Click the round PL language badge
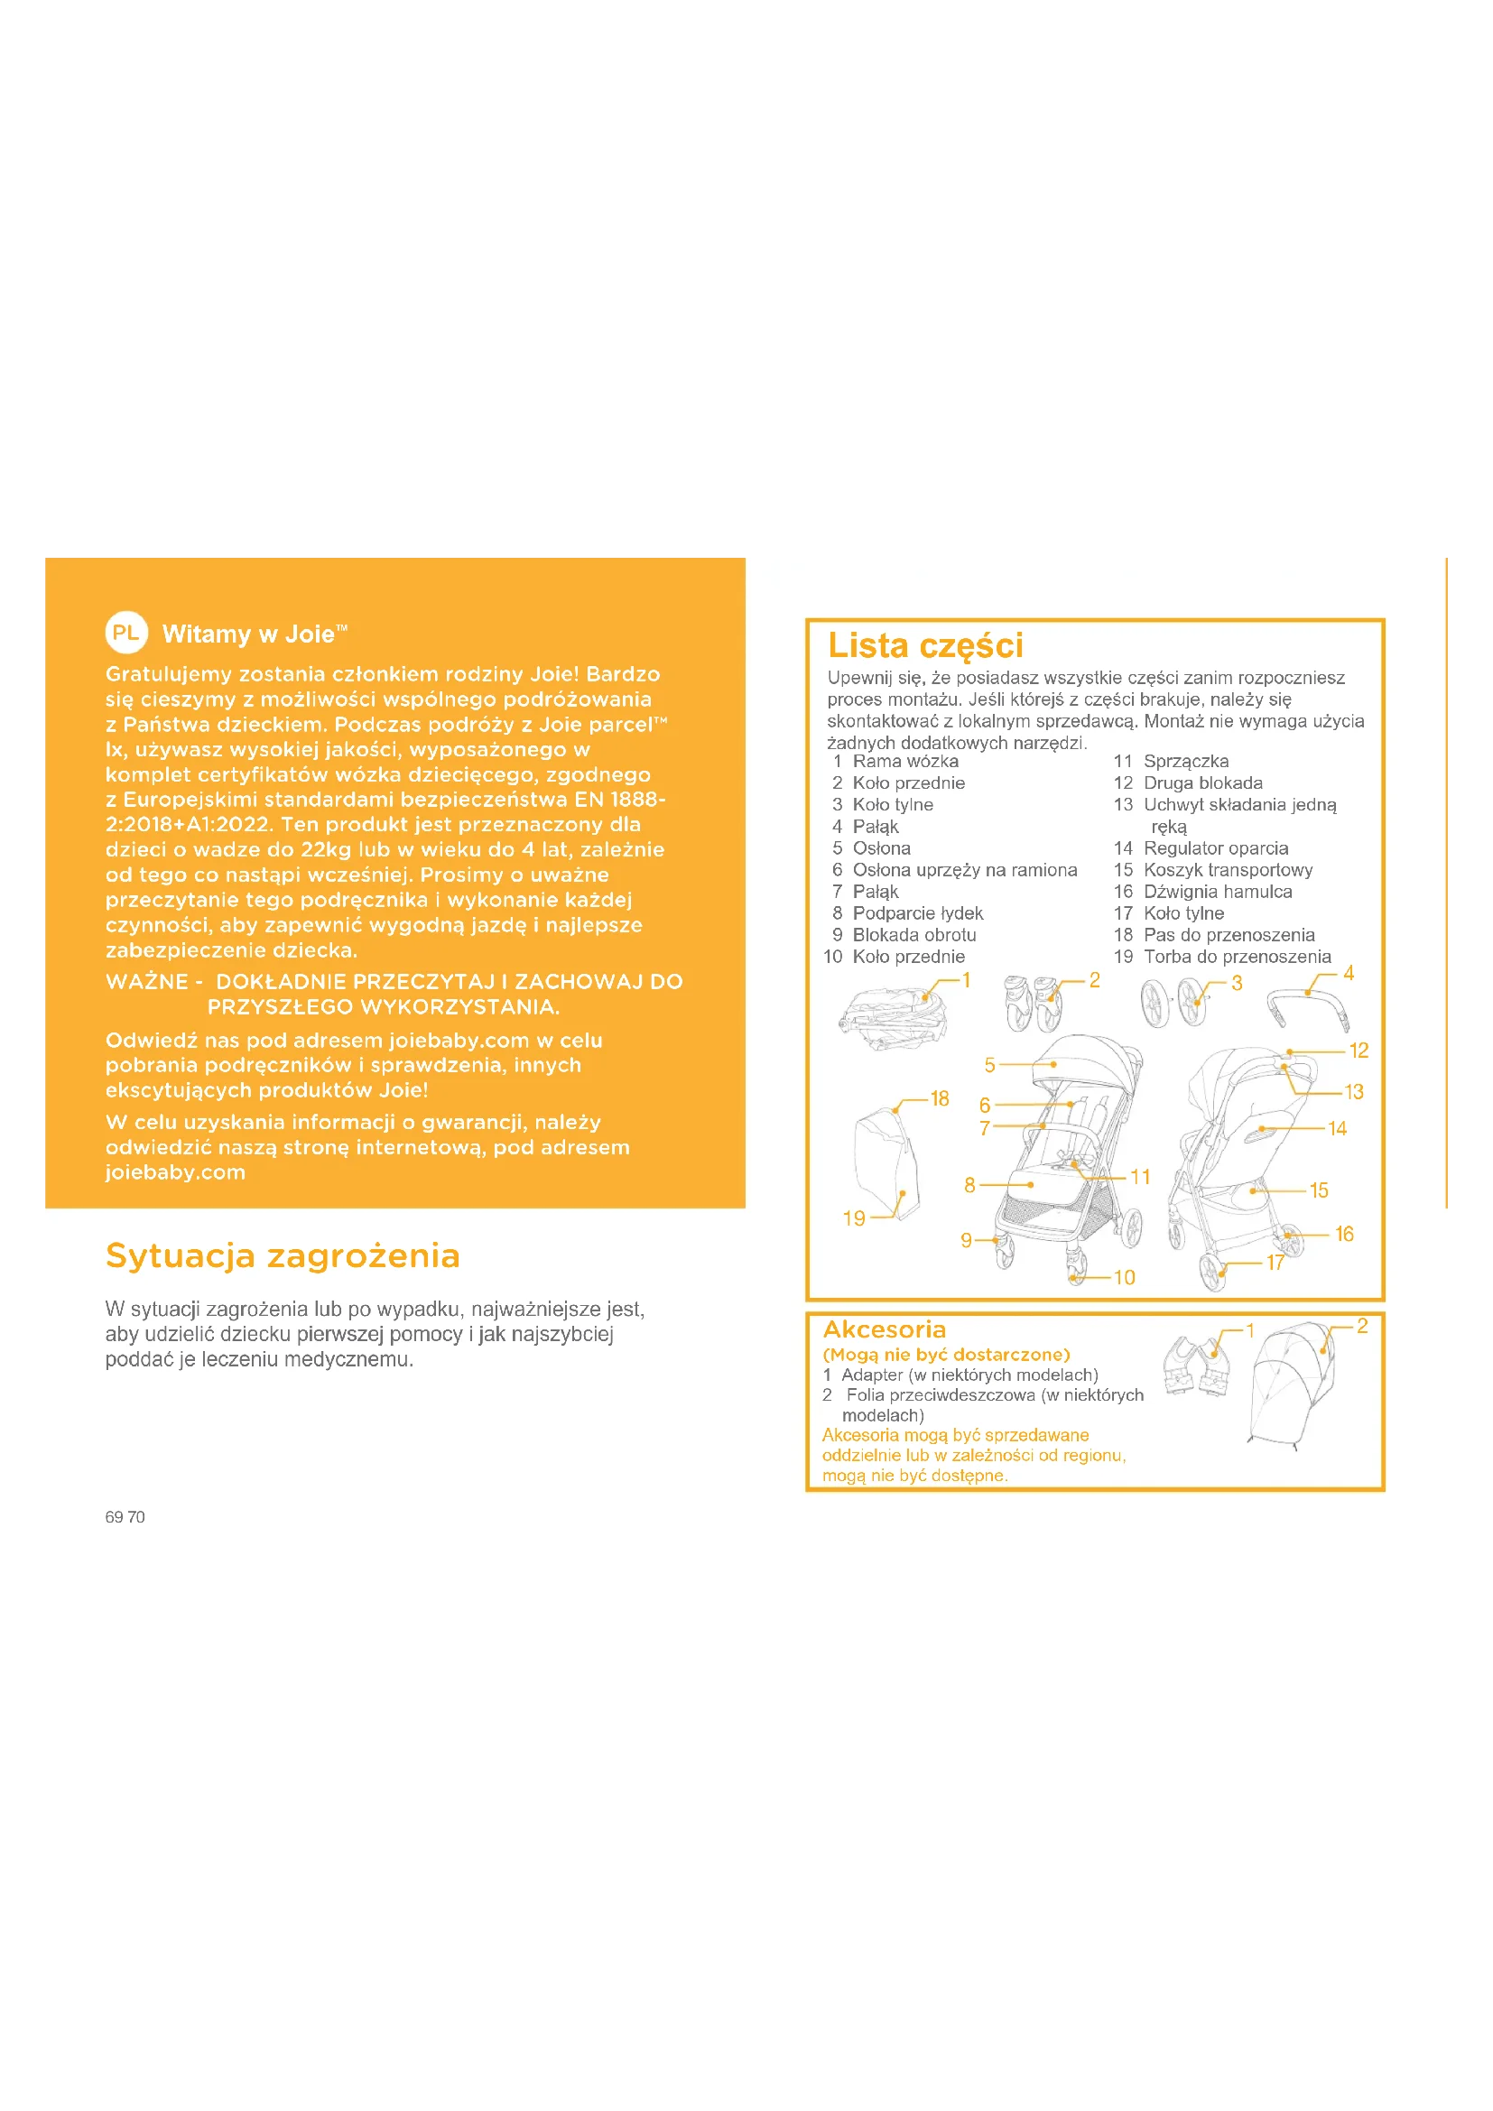(x=126, y=633)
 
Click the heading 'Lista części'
(x=925, y=645)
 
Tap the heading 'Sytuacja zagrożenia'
(x=283, y=1256)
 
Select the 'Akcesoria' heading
(x=885, y=1329)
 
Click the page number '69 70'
(x=125, y=1517)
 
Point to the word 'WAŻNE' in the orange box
(x=147, y=982)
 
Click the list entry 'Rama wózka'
(x=904, y=762)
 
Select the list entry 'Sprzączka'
(x=1185, y=762)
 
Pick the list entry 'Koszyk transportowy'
(x=1228, y=870)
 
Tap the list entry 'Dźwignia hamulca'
(x=1217, y=892)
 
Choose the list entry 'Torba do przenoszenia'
(x=1237, y=956)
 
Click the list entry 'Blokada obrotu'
(x=913, y=935)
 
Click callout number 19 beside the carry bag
(x=854, y=1218)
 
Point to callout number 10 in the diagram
(x=1125, y=1277)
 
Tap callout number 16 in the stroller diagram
(x=1344, y=1234)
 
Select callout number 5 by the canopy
(x=989, y=1065)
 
